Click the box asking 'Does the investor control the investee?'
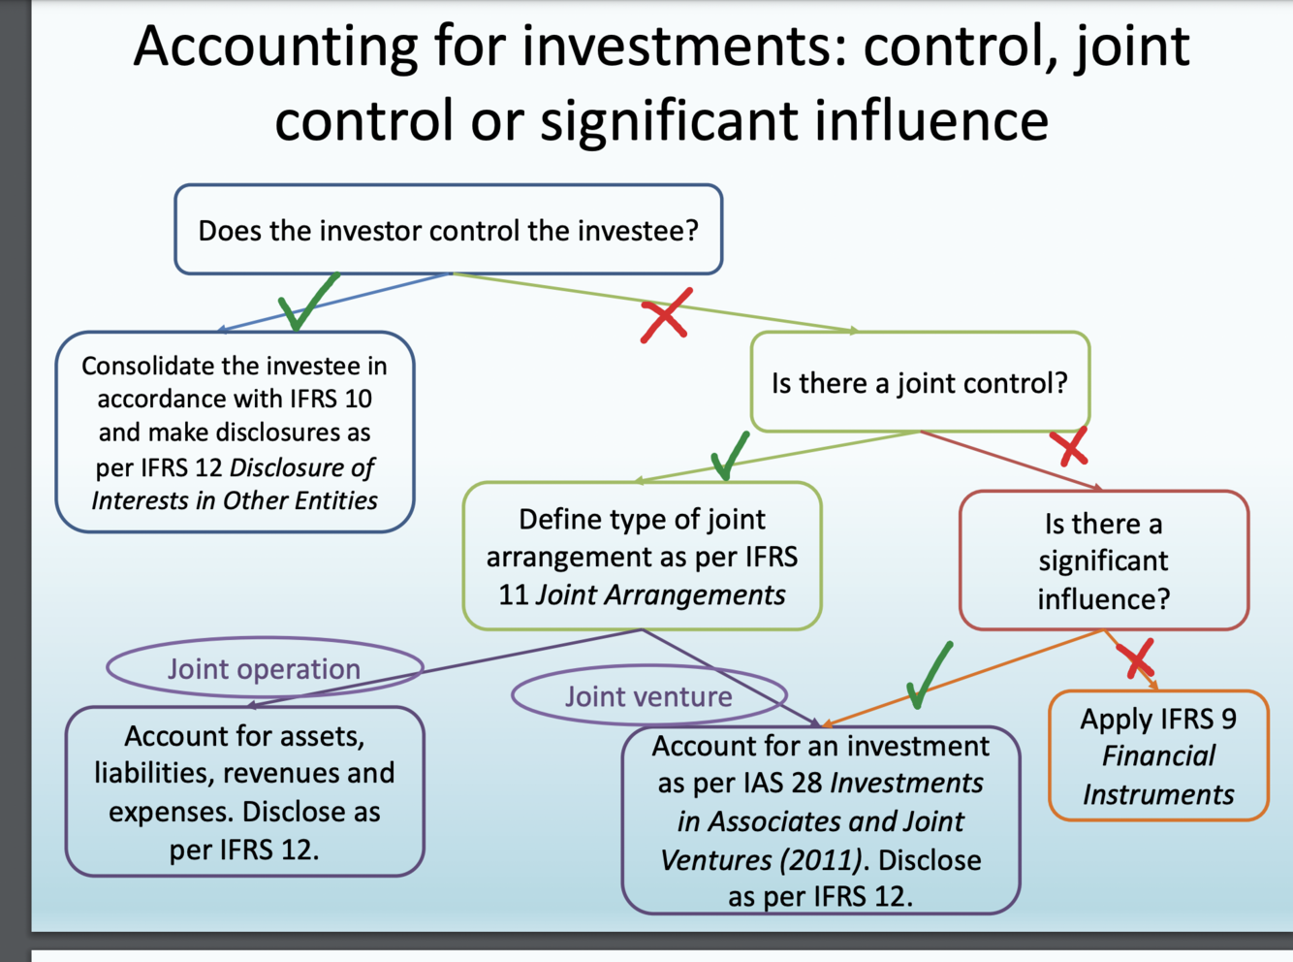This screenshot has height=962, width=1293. tap(448, 230)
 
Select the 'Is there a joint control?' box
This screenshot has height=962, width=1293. tap(919, 382)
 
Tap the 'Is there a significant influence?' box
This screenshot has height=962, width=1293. tap(1103, 561)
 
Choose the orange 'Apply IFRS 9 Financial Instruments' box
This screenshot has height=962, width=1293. tap(1158, 755)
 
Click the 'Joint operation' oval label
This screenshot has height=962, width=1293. tap(264, 668)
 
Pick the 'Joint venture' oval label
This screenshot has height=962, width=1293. tap(648, 695)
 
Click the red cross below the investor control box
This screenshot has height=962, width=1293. tap(665, 315)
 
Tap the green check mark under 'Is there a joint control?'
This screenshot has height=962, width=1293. tap(729, 455)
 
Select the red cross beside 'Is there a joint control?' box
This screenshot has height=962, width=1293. tap(1071, 448)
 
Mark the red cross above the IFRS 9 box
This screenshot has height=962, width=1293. tap(1135, 657)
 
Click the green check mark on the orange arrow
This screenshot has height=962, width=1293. tap(929, 674)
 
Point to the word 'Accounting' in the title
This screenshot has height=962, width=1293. tap(275, 46)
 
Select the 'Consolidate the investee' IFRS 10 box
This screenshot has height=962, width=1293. tap(235, 433)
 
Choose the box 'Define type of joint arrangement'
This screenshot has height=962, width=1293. tap(642, 556)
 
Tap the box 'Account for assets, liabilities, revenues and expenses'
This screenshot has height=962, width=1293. tap(244, 791)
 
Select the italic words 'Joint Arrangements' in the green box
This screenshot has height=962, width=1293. tap(660, 594)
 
